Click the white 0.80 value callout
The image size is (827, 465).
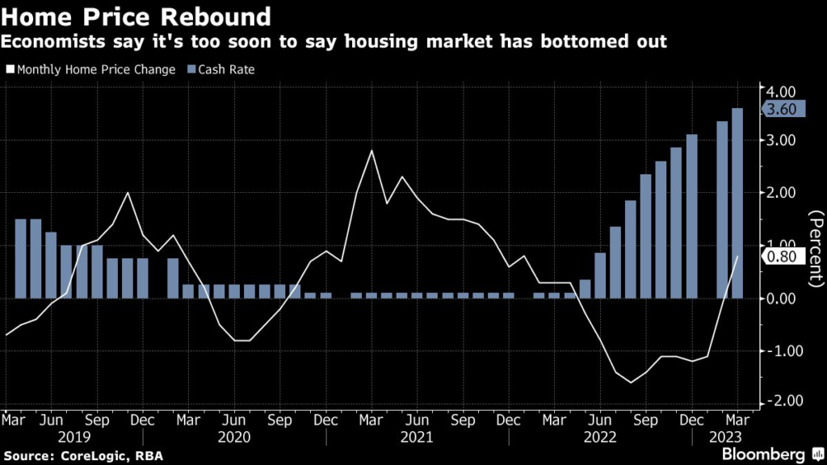783,257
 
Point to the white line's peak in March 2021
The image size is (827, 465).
371,151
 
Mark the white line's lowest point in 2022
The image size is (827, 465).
631,382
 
